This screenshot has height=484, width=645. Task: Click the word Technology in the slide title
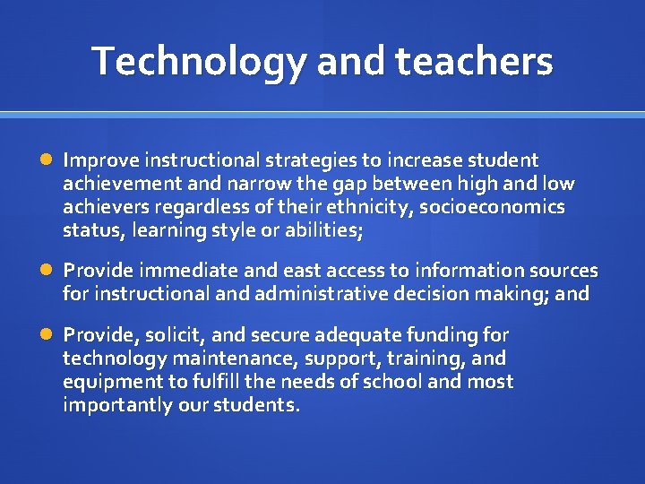point(199,61)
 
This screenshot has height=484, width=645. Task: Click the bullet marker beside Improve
point(47,160)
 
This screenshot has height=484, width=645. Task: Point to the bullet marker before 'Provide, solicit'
point(47,335)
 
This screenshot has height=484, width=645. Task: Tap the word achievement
point(119,184)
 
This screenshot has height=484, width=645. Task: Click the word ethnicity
point(365,207)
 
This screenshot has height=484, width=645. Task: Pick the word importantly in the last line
point(113,405)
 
